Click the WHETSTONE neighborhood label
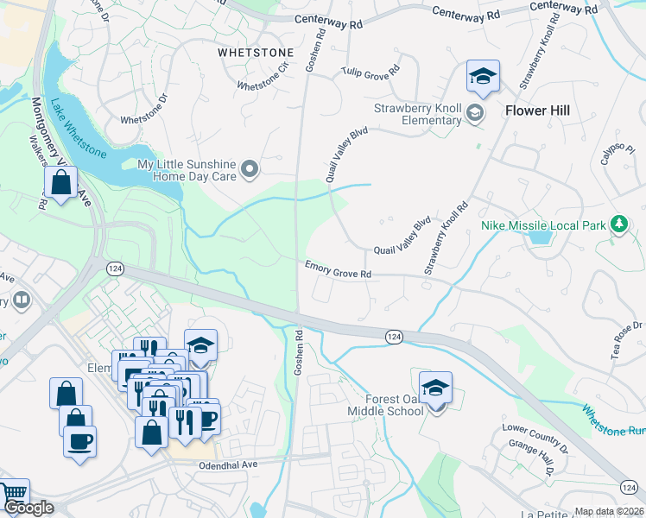[255, 52]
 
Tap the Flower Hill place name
[538, 111]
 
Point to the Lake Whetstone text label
[78, 130]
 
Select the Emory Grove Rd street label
[338, 269]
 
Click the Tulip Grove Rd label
[370, 72]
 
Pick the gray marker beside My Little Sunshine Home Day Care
[250, 168]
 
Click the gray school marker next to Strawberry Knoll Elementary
[474, 112]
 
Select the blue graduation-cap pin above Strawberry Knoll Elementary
[483, 77]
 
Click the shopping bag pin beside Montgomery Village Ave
[61, 183]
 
